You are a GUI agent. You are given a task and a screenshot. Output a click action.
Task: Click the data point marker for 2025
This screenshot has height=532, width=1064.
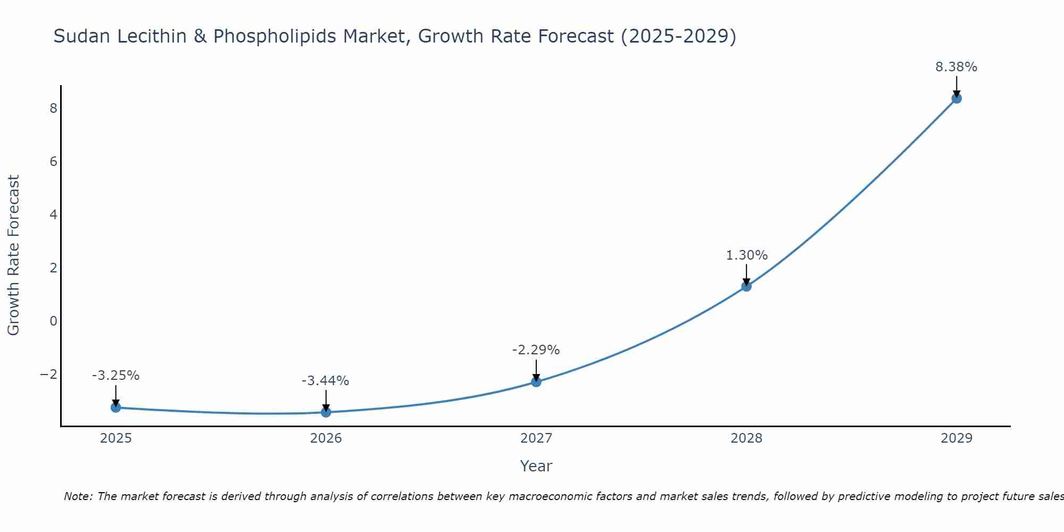pos(116,408)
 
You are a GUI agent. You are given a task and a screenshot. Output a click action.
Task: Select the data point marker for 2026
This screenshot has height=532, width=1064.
pos(326,412)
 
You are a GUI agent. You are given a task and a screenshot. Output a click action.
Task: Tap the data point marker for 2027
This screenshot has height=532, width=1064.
pos(536,382)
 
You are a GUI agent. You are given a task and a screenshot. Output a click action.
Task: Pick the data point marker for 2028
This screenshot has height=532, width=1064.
pos(746,286)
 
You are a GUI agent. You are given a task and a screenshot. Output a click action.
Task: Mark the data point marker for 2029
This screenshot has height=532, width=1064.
pos(957,98)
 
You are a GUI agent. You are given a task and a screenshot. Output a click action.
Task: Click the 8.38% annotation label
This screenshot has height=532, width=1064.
pos(956,67)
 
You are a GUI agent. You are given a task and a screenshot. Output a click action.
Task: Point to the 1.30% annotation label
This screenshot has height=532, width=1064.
pos(746,255)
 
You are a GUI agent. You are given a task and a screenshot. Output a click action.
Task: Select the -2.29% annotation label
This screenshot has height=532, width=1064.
pos(536,350)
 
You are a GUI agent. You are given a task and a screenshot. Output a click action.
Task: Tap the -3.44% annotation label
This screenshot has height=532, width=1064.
pos(325,381)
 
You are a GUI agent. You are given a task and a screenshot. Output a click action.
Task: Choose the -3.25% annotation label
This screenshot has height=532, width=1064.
pos(115,376)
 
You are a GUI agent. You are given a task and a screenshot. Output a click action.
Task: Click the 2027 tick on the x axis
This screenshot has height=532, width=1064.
pos(536,438)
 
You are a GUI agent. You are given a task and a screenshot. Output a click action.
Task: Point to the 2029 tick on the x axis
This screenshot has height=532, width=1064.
pos(957,438)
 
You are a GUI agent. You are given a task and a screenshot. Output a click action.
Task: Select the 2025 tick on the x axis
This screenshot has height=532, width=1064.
pos(116,438)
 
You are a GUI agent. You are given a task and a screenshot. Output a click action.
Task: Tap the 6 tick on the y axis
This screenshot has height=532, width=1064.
pos(53,162)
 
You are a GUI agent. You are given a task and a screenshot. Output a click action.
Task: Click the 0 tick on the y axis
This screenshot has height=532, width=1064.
pos(53,321)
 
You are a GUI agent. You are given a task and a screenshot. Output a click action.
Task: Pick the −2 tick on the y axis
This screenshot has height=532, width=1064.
pos(49,375)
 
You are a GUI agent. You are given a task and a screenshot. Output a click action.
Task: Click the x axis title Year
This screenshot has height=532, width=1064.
pos(536,466)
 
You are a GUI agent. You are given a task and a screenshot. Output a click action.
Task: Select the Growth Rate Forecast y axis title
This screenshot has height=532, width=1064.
pos(13,255)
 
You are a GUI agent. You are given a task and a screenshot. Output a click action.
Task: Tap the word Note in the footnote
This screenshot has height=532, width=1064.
pos(78,496)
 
